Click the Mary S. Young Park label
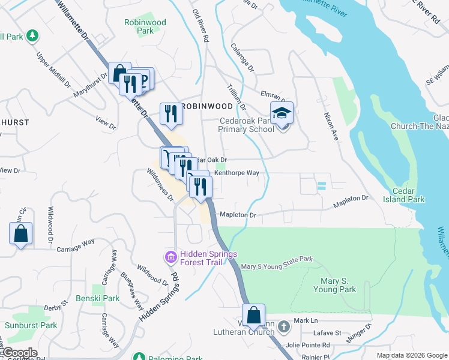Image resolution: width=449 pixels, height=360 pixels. (334, 285)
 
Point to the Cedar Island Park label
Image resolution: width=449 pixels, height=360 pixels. (408, 194)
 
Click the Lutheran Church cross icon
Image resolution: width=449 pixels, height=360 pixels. (285, 327)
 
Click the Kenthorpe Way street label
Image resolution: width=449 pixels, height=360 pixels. (237, 173)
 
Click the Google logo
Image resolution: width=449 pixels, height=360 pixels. (19, 352)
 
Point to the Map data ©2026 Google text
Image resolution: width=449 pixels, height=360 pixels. (411, 355)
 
